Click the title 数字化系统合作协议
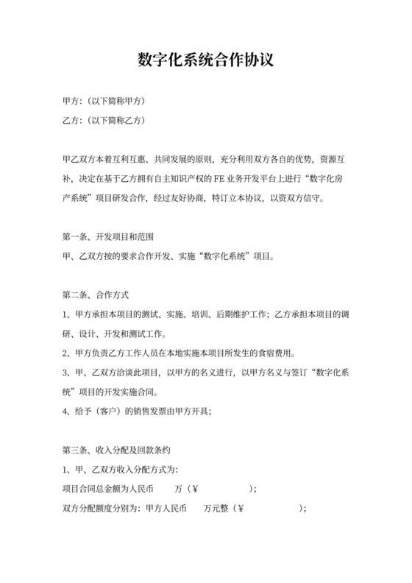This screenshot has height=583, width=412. point(206,60)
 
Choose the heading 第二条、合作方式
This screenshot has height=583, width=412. point(96,295)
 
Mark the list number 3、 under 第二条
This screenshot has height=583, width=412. point(67,372)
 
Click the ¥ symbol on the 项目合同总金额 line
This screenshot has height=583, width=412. point(196,488)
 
